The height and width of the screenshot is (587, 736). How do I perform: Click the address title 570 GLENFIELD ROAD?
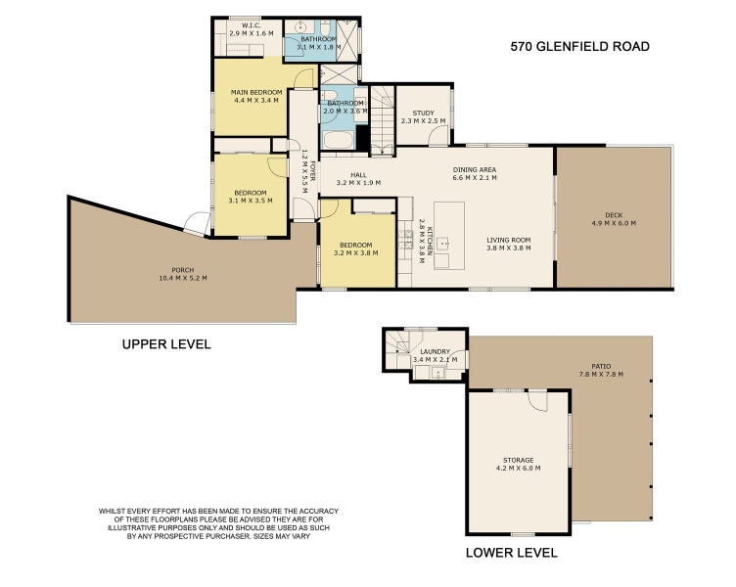tap(580, 46)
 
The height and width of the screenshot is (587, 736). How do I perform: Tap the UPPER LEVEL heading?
tap(165, 344)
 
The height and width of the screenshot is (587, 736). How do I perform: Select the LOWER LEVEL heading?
tap(512, 553)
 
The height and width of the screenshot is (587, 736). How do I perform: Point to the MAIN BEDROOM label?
tap(256, 91)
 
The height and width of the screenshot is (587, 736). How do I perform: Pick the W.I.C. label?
tap(244, 25)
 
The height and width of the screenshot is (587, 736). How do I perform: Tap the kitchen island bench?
tap(448, 235)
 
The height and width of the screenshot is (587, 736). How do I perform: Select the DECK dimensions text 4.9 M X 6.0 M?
tap(614, 223)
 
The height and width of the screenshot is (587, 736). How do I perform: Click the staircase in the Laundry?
tap(396, 345)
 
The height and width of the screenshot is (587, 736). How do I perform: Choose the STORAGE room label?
tap(518, 460)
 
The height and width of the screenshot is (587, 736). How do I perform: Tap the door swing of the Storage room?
tap(536, 401)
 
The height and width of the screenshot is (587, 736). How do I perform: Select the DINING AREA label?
tap(475, 169)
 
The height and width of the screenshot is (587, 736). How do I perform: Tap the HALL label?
tap(344, 174)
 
